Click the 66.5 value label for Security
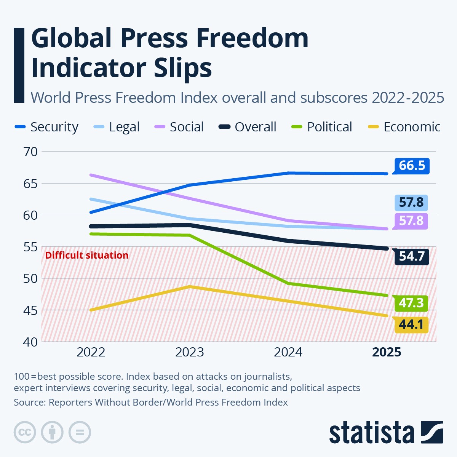coord(411,166)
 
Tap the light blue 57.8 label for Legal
coord(411,202)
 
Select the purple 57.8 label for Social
coord(411,221)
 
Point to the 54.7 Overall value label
coord(411,256)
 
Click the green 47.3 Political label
coord(411,303)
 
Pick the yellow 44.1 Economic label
coord(411,324)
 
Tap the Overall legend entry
coord(248,127)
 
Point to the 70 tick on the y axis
coord(30,152)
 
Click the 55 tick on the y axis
coord(30,247)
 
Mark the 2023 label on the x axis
coord(189,352)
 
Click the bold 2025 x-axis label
coord(387,352)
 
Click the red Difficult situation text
coord(87,255)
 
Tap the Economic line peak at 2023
coord(190,286)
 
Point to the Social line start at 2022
coord(91,175)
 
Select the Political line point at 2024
coord(288,283)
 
